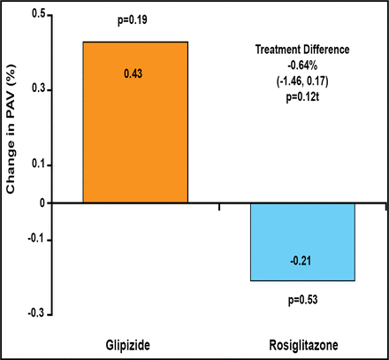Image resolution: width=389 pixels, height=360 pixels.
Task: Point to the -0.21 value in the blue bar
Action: pyautogui.click(x=302, y=260)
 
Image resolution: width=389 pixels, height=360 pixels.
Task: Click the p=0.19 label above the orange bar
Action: pyautogui.click(x=135, y=19)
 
